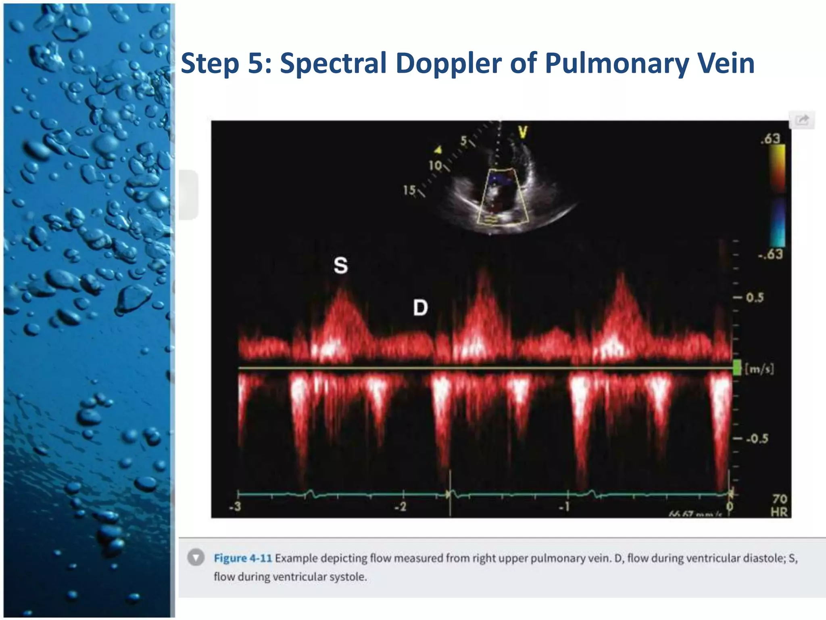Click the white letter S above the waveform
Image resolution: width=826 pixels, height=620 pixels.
pos(340,266)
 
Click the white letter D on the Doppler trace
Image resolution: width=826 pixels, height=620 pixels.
pos(420,308)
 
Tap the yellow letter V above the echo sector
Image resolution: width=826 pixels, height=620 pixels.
pos(523,132)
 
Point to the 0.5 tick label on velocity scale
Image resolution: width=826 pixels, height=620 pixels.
pos(754,298)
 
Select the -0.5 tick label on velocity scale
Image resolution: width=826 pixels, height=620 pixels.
pos(757,439)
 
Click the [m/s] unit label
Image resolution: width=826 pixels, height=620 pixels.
pos(759,369)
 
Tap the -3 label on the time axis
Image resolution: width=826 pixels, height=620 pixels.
pos(235,506)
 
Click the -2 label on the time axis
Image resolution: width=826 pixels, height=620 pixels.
pos(400,507)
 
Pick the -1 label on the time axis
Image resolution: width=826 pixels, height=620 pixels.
pos(564,507)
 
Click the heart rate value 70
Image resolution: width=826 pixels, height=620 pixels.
pos(780,499)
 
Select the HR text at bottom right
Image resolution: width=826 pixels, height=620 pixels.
pos(779,512)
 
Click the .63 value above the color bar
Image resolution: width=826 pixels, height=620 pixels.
pos(770,139)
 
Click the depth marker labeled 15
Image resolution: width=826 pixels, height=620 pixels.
pos(409,190)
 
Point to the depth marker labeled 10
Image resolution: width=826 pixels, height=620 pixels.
pos(435,165)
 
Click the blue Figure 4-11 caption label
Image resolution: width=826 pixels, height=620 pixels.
pos(243,558)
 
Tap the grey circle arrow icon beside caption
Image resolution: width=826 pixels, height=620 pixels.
pos(196,558)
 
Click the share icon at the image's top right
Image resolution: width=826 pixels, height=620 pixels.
pos(802,120)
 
